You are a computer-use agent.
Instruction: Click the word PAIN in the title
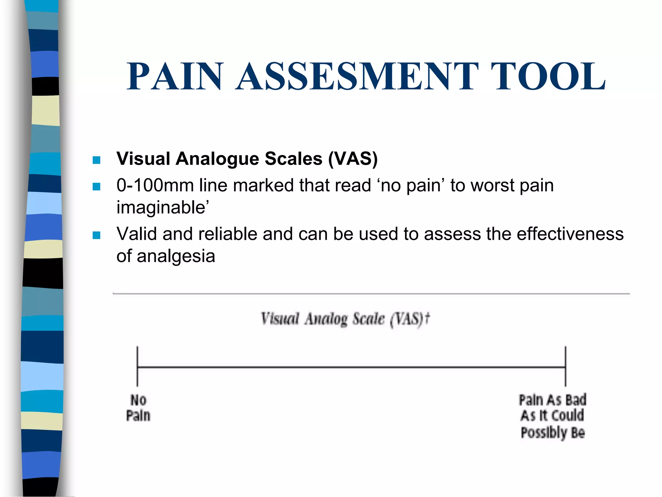(x=175, y=76)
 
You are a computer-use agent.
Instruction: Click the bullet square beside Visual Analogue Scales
(x=96, y=160)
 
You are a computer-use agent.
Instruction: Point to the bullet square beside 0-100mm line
(x=96, y=187)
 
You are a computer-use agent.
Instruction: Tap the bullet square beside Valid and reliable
(x=96, y=235)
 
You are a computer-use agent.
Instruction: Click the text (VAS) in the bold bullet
(x=353, y=159)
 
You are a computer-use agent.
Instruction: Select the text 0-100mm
(x=155, y=185)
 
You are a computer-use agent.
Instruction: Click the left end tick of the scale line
(x=137, y=367)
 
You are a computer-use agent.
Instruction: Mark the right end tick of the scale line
(x=566, y=367)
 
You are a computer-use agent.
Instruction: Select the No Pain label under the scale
(x=138, y=408)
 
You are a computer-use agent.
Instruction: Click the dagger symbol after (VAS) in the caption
(x=427, y=318)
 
